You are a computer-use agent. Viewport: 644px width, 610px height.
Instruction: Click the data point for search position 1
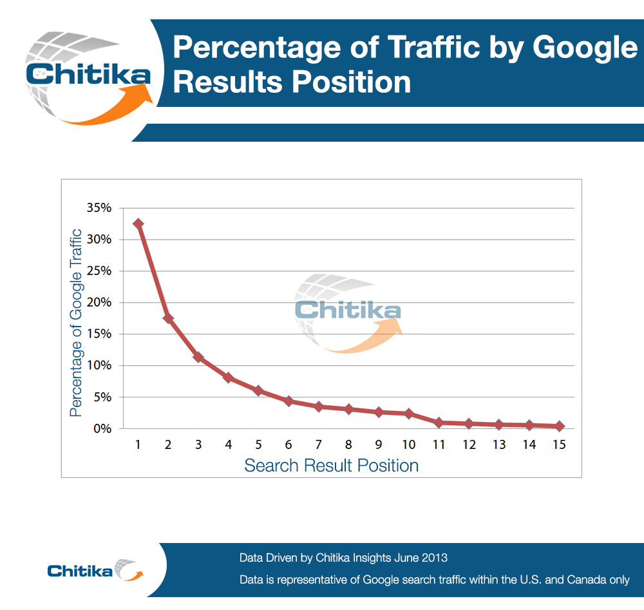[x=138, y=224]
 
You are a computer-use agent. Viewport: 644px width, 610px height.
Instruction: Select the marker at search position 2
[x=168, y=318]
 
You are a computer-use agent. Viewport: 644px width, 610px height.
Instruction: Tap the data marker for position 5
[x=258, y=390]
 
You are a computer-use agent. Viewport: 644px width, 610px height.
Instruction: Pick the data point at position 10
[x=408, y=413]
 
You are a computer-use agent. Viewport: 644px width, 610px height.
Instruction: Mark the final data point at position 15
[x=559, y=426]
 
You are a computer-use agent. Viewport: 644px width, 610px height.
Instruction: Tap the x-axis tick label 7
[x=318, y=444]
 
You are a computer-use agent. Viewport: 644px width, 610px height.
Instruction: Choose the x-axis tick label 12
[x=469, y=444]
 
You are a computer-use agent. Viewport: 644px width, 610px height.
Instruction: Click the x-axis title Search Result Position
[x=331, y=466]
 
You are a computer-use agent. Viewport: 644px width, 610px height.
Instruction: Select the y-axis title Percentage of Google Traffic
[x=76, y=322]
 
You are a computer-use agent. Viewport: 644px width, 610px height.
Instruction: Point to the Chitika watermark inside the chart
[x=348, y=310]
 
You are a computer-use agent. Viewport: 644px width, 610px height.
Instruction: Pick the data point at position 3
[x=198, y=357]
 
